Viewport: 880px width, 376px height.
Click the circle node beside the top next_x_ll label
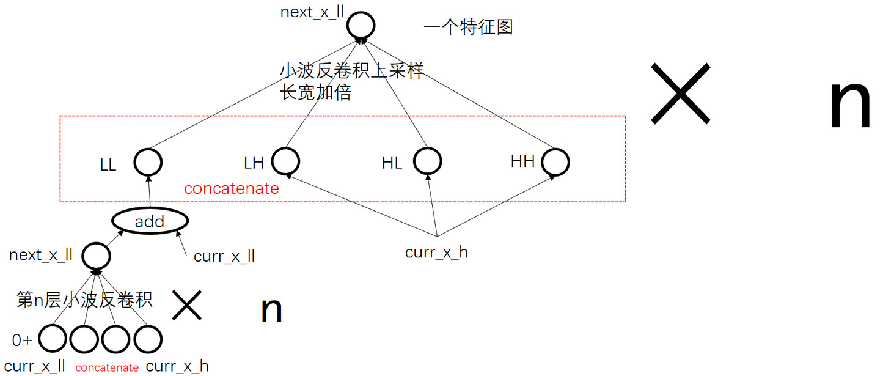coord(361,26)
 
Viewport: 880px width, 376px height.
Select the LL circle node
coord(148,162)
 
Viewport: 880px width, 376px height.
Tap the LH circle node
coord(285,161)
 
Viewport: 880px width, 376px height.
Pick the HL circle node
coord(427,161)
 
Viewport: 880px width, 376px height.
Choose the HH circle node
coord(555,162)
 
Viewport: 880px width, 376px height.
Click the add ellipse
coord(150,221)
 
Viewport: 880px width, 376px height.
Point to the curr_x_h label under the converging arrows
coord(436,252)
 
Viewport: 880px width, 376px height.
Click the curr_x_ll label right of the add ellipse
coord(224,256)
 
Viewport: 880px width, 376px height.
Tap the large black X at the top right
coord(681,94)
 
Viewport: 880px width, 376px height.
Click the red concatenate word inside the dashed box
coord(231,188)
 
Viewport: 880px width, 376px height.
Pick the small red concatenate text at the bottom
coord(107,367)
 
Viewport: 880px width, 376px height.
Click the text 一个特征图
coord(468,27)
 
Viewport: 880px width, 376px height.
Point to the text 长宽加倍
coord(315,92)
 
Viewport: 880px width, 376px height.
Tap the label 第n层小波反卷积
coord(84,300)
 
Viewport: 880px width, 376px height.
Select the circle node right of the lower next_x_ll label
coord(97,256)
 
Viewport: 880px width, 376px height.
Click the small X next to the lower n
coord(186,305)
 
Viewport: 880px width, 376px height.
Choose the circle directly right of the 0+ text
coord(53,338)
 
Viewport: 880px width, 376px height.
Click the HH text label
coord(522,161)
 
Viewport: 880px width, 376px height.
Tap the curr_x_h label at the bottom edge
coord(177,366)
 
